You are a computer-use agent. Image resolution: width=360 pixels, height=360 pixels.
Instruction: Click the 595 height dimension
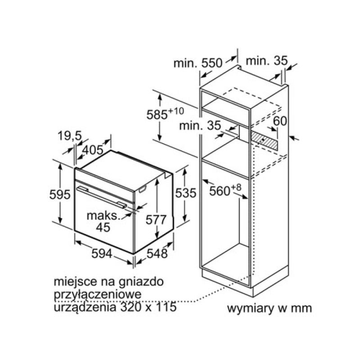60,195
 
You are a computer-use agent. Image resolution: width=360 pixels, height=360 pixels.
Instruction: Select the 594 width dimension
102,253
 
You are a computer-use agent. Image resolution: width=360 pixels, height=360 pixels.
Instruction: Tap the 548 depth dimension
157,253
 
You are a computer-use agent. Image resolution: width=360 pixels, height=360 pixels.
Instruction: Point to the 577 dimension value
156,220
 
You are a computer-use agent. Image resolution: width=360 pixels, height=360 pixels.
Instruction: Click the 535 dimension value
186,193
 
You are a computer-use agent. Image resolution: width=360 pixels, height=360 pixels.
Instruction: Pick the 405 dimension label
93,150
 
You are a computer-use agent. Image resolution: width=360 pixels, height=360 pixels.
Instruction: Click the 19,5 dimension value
70,136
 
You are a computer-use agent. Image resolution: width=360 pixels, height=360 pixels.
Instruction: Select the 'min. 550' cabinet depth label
198,63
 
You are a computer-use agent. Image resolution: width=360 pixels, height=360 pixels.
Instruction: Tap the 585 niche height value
157,115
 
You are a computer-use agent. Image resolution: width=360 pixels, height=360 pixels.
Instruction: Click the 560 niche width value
220,191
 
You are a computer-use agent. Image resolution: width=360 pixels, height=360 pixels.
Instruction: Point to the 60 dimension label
280,121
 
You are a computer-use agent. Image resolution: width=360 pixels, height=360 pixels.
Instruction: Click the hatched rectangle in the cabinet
264,140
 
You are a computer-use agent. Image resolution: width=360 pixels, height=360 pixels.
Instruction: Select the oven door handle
102,197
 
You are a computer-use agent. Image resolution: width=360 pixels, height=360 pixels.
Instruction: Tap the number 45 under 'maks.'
103,227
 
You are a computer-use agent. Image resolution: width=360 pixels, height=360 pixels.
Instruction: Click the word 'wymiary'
250,309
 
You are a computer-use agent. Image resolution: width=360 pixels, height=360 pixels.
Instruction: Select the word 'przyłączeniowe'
98,295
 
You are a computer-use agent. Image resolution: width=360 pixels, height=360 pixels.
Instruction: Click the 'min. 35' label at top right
266,61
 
